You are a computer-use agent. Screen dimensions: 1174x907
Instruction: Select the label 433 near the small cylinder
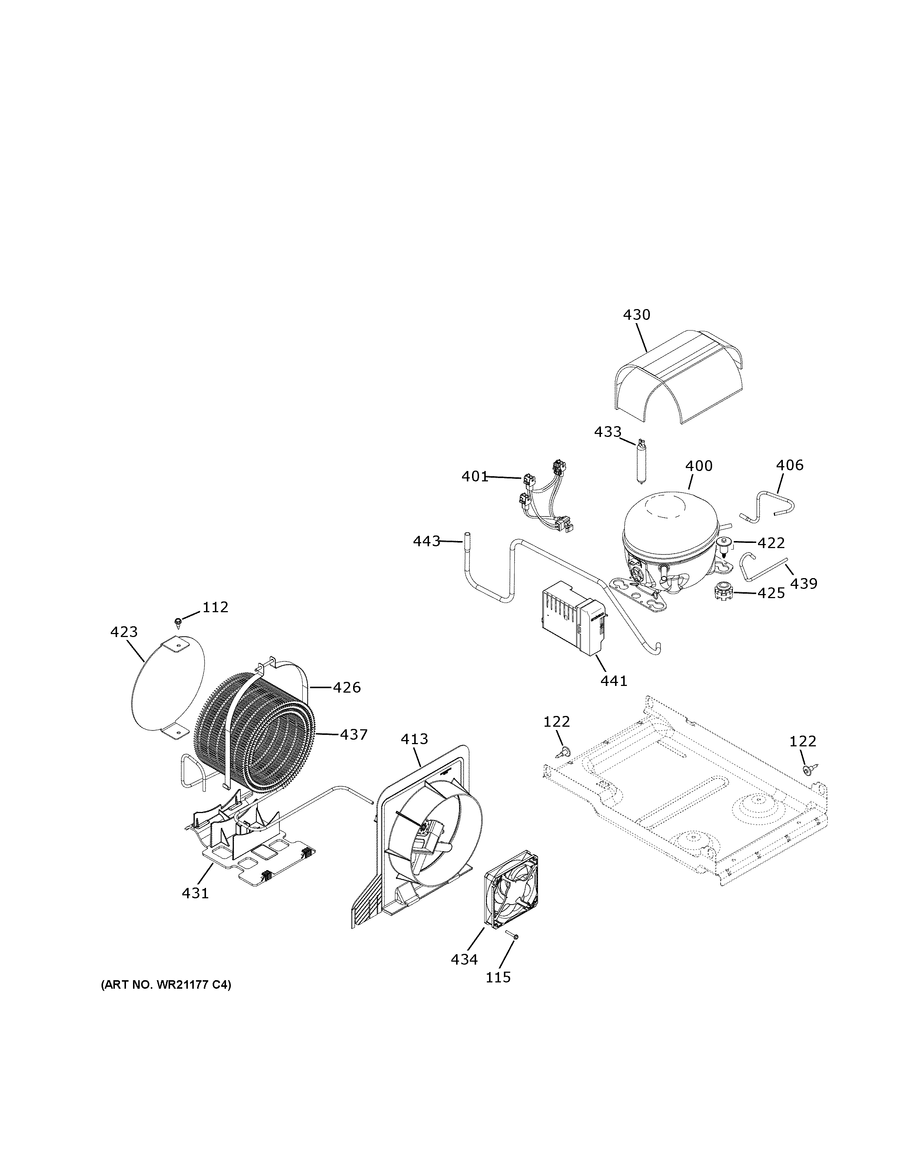tap(607, 432)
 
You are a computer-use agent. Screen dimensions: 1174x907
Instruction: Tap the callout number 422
tap(771, 543)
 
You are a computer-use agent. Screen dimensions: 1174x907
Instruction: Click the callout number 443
tap(426, 541)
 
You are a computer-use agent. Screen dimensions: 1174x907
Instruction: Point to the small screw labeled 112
tap(178, 623)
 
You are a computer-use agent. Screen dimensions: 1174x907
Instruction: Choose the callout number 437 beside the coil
tap(353, 734)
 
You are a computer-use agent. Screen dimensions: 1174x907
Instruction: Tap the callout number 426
tap(346, 687)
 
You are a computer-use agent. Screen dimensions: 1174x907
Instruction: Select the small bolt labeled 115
tap(512, 937)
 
